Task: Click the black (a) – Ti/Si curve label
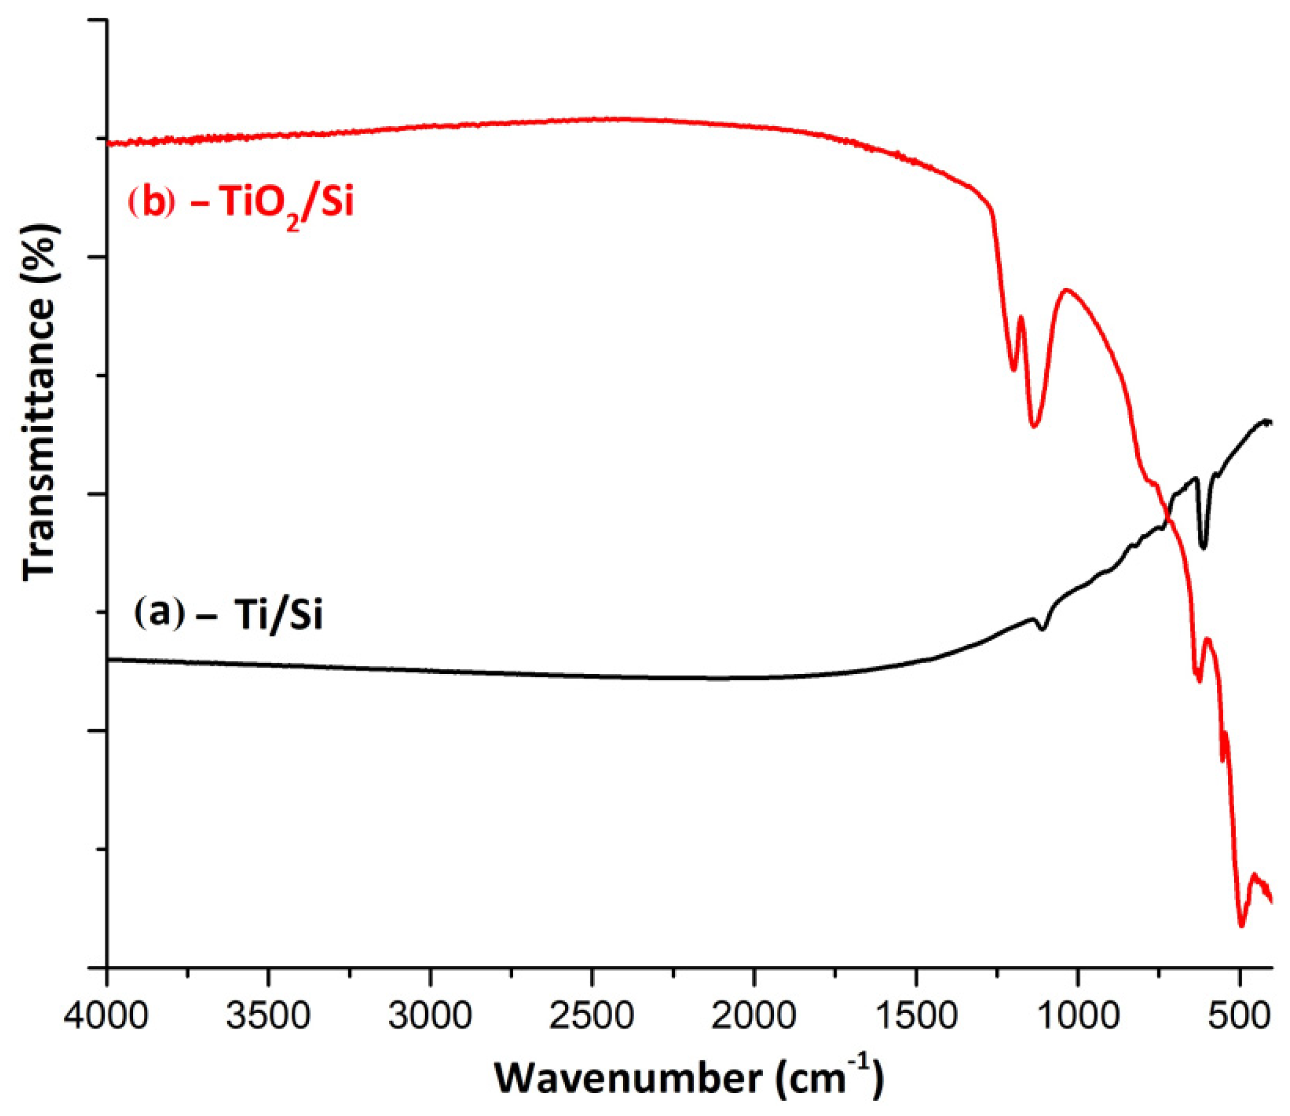pyautogui.click(x=228, y=616)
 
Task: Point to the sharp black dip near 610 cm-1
pyautogui.click(x=1203, y=547)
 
